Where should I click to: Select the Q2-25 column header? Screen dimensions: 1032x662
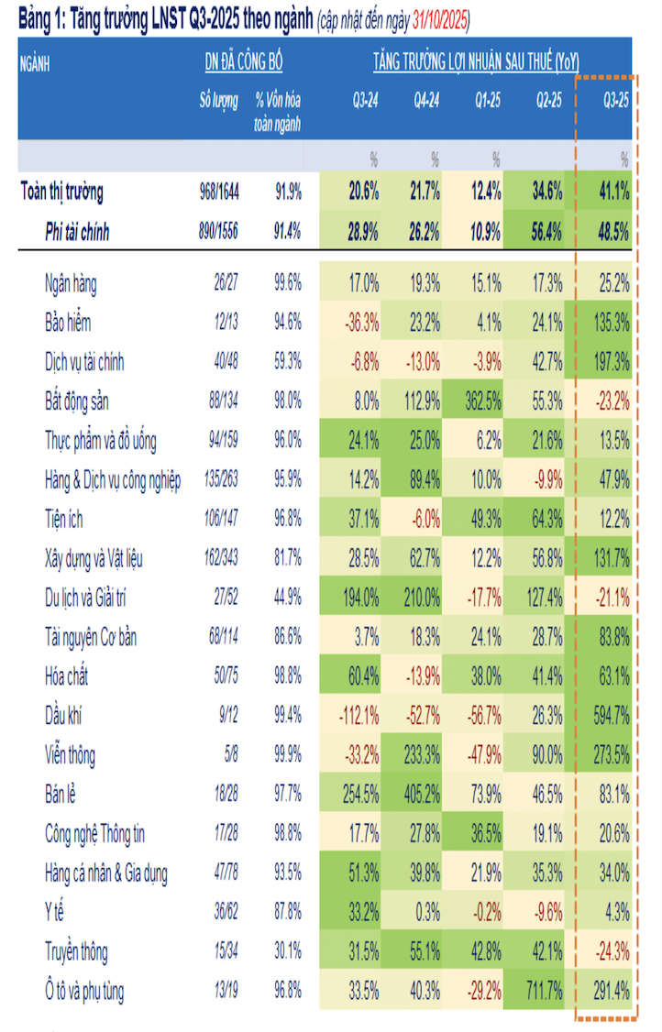tap(548, 102)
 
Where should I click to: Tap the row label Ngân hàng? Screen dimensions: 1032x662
tap(71, 283)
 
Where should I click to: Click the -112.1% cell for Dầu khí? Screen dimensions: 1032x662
tap(357, 717)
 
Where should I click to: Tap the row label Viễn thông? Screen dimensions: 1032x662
tap(70, 756)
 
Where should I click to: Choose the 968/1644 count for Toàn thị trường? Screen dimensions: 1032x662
tap(220, 192)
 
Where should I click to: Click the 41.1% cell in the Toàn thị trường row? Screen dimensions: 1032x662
tap(612, 192)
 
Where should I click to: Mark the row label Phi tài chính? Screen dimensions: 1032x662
tap(77, 233)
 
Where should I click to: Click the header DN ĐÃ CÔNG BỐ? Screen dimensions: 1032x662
tap(244, 62)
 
